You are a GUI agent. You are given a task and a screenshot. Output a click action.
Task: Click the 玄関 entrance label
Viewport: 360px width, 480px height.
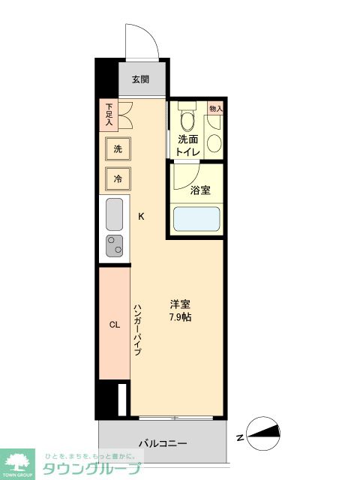(140, 79)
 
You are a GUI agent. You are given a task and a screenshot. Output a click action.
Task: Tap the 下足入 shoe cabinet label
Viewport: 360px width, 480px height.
(109, 113)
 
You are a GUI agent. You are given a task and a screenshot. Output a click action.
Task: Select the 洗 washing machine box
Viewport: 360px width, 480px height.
(117, 148)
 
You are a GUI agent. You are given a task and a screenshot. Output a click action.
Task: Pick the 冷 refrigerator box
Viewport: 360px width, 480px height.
(117, 178)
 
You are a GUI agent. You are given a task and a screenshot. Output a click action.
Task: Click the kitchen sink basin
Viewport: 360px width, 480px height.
(115, 215)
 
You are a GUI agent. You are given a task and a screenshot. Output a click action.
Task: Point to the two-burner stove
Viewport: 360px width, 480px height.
(115, 245)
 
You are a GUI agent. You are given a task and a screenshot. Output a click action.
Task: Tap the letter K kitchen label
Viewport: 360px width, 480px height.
(140, 217)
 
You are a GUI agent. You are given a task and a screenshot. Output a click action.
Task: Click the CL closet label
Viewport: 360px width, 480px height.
(115, 325)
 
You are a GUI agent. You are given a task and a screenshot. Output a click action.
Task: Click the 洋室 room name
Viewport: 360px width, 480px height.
(179, 304)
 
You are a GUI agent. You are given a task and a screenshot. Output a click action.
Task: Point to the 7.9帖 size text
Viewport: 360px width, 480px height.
(179, 317)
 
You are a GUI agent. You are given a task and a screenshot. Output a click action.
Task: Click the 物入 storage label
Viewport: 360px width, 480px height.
(216, 109)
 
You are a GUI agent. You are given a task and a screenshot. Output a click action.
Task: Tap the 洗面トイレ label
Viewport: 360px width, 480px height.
(187, 145)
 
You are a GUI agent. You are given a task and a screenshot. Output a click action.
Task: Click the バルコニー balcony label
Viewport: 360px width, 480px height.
(163, 443)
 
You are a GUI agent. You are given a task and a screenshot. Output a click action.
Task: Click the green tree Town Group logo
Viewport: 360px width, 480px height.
(18, 461)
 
